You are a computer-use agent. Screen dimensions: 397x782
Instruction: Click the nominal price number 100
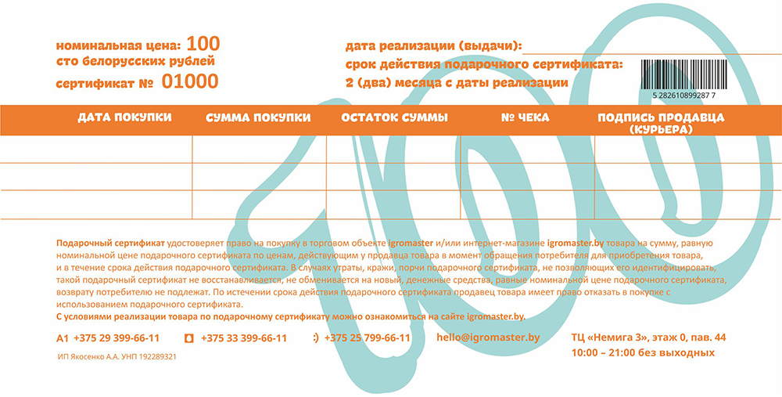click(x=203, y=43)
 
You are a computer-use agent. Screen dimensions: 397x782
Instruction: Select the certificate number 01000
click(x=189, y=81)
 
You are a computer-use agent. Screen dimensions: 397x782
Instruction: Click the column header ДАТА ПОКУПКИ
click(x=124, y=117)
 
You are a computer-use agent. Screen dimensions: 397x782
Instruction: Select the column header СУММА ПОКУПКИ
click(x=258, y=117)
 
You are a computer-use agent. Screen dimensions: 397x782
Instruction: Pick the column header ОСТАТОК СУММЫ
click(x=395, y=117)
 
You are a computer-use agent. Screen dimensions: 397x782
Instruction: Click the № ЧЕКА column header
click(x=525, y=117)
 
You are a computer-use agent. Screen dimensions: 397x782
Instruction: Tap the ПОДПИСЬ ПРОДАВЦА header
click(x=661, y=117)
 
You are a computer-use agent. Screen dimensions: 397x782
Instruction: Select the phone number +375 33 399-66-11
click(x=243, y=338)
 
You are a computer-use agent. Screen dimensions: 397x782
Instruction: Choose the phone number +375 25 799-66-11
click(x=367, y=338)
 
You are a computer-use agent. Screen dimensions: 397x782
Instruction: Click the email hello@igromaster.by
click(x=489, y=337)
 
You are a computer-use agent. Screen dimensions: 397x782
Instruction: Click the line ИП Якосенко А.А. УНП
click(x=117, y=356)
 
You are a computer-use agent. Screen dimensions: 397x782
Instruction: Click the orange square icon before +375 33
click(x=188, y=338)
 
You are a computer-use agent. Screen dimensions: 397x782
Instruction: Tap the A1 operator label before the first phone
click(x=63, y=338)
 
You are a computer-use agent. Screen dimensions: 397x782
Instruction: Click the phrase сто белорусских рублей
click(x=135, y=61)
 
